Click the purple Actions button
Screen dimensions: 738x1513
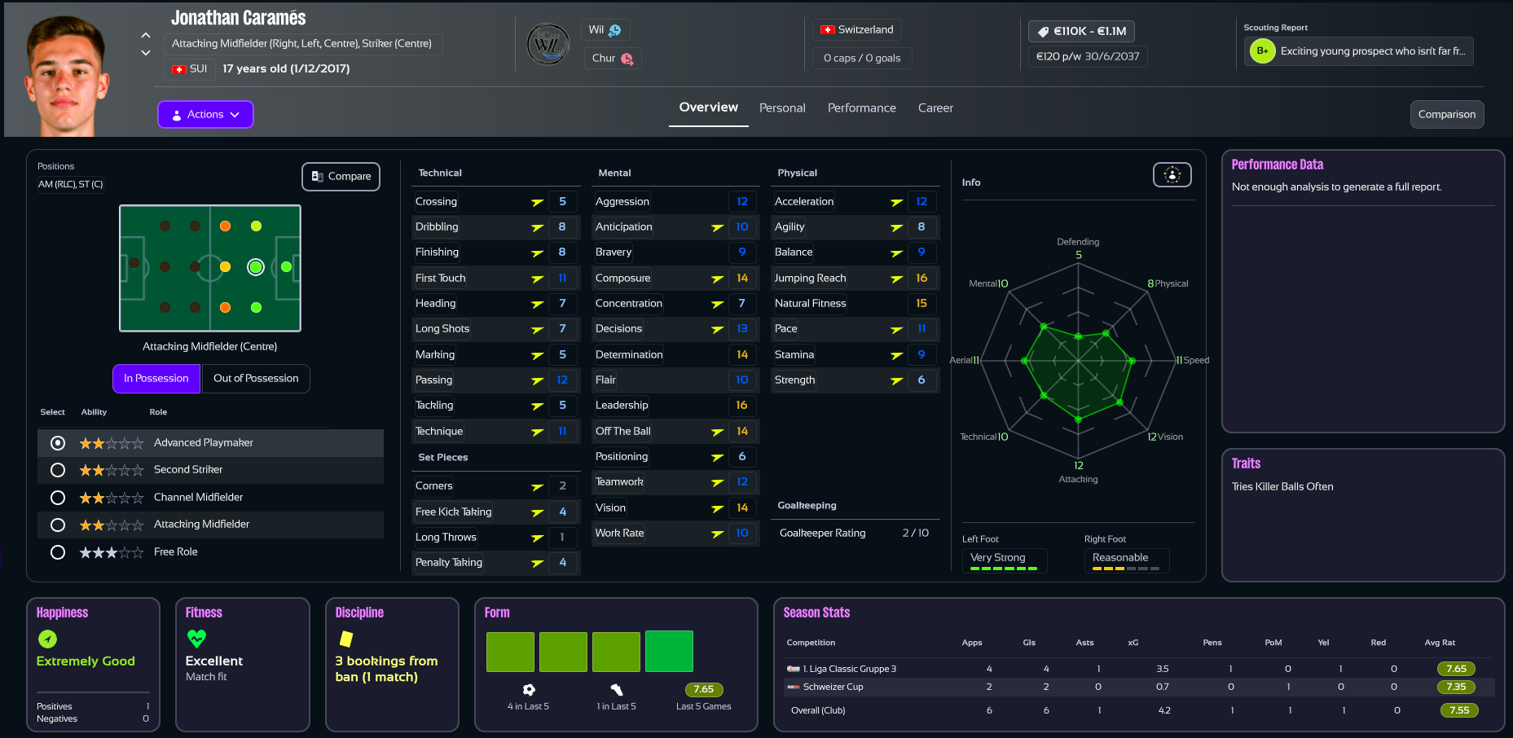click(x=205, y=115)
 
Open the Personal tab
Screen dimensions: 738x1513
click(x=781, y=108)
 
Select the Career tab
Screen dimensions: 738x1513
click(x=935, y=108)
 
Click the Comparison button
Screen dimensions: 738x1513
click(x=1446, y=115)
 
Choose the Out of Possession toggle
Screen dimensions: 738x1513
click(x=256, y=379)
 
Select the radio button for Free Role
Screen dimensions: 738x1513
click(x=58, y=552)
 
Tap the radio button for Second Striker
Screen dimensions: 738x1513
click(x=58, y=470)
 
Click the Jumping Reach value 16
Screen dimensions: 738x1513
click(x=921, y=279)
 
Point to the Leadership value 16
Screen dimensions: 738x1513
click(x=741, y=406)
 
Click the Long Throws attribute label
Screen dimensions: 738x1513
click(x=446, y=538)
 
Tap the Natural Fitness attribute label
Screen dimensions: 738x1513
click(x=810, y=304)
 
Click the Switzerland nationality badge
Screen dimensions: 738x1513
click(x=857, y=30)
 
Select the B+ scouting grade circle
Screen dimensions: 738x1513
click(x=1262, y=51)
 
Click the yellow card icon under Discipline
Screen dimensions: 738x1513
click(x=346, y=639)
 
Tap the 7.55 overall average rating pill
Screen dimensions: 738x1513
click(x=1458, y=710)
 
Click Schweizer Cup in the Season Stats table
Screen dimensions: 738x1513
click(x=833, y=687)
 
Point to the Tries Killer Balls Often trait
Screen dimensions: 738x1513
click(x=1282, y=487)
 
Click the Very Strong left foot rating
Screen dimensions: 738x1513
click(x=998, y=558)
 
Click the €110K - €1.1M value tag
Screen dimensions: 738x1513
click(x=1081, y=32)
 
